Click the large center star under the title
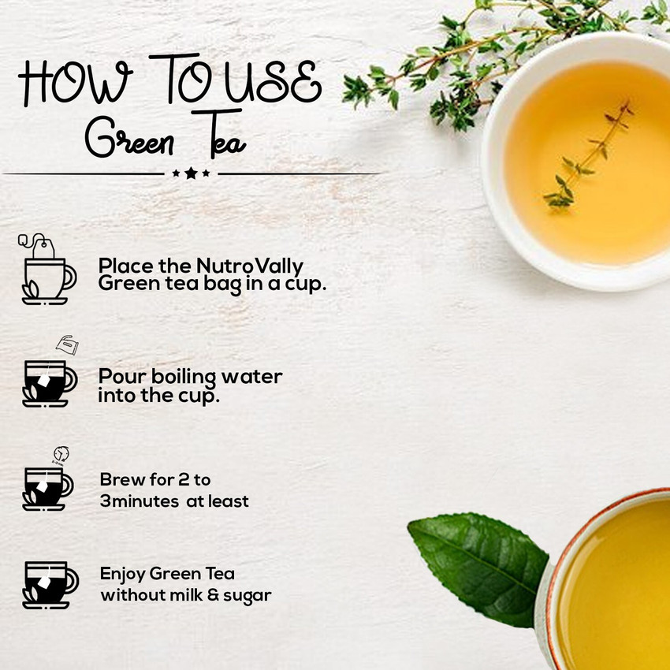(x=191, y=173)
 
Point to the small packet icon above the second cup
(x=66, y=345)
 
